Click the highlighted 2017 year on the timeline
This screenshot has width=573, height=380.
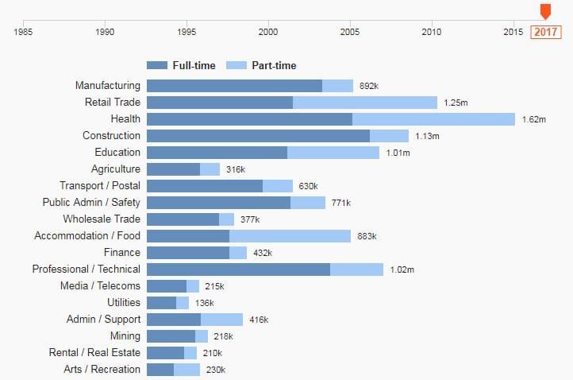coord(545,32)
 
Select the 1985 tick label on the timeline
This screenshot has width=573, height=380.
coord(24,33)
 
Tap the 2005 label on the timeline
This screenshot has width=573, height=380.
coord(350,33)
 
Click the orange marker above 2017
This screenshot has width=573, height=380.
coord(545,11)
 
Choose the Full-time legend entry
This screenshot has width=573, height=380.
coord(181,65)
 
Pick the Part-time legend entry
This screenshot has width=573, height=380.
coord(261,65)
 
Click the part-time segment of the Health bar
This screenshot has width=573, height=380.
coord(433,119)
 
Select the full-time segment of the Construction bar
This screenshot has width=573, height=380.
coord(258,136)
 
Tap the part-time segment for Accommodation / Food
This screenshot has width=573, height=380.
coord(290,236)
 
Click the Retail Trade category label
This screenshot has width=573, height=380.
coord(113,103)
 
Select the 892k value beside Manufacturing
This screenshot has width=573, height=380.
coord(369,86)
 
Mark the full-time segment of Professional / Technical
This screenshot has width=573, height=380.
coord(238,269)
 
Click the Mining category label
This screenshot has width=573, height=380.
coord(125,336)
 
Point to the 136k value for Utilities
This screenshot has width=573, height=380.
coord(204,303)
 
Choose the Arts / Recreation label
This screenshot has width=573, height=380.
coord(102,370)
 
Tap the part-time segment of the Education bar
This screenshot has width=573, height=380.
coord(333,153)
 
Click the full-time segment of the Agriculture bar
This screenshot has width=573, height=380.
coord(173,169)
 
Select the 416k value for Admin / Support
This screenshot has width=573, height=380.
coord(259,320)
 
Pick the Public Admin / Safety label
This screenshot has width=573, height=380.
coord(91,203)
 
